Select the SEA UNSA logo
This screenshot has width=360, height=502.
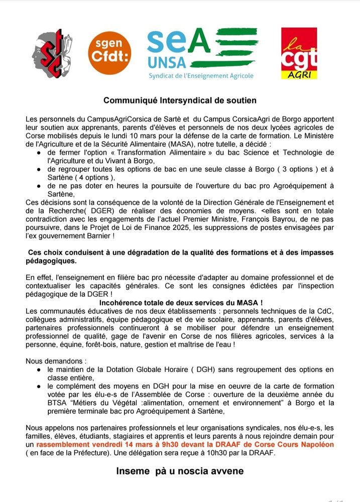click(x=200, y=50)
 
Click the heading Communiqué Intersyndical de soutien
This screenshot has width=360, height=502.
click(x=180, y=100)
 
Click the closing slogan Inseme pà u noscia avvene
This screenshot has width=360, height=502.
click(x=180, y=471)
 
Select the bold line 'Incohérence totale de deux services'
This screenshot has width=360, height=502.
click(x=181, y=303)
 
